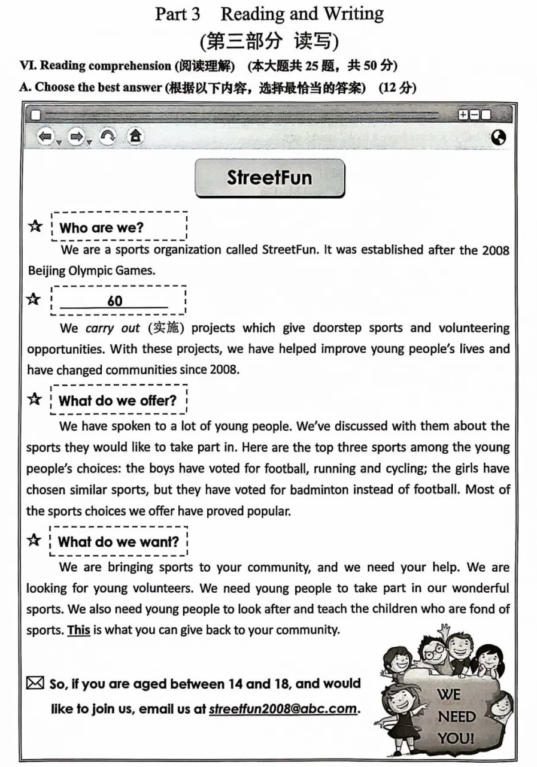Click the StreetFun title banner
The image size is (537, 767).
[269, 177]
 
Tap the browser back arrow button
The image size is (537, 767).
[45, 137]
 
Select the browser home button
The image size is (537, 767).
[136, 137]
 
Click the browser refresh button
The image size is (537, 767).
[107, 137]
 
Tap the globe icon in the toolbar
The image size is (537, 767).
[497, 138]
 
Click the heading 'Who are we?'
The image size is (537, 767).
[101, 228]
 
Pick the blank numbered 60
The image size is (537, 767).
[114, 301]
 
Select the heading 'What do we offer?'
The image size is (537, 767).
[117, 401]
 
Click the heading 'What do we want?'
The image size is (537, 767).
[119, 542]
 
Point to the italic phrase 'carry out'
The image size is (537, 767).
[104, 328]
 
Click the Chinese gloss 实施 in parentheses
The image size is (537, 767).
[162, 328]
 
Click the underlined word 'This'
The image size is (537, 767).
[78, 630]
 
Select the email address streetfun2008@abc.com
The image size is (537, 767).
[283, 709]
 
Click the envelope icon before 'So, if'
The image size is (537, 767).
[35, 683]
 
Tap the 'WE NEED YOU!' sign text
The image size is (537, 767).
[456, 716]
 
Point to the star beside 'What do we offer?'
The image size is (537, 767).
[35, 399]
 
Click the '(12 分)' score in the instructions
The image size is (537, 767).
[398, 87]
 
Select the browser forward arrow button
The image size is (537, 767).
[77, 137]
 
